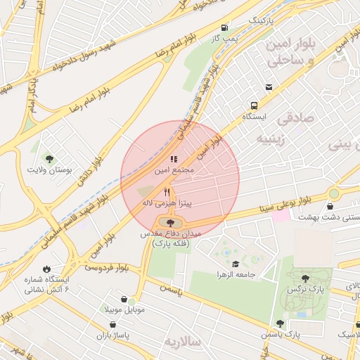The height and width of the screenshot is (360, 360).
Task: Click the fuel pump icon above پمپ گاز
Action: [224, 27]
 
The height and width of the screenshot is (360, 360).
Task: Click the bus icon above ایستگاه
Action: [269, 87]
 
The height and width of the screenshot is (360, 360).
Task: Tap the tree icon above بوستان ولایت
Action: [49, 158]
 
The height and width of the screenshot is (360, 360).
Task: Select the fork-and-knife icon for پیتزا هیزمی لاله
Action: [167, 191]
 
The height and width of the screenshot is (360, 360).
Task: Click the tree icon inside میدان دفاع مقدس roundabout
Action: [171, 223]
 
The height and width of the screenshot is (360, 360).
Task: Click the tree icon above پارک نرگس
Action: [304, 278]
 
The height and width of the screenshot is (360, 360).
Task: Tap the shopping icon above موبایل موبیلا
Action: [124, 299]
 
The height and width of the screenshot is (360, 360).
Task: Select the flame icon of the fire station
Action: [46, 269]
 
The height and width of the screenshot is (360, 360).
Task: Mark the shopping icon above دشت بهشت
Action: [330, 206]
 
